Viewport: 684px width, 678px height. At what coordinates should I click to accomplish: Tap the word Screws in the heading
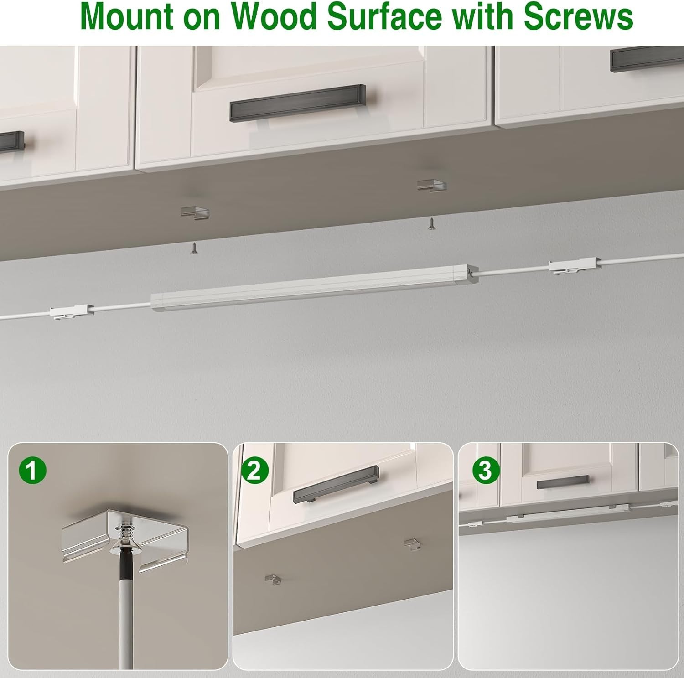click(578, 17)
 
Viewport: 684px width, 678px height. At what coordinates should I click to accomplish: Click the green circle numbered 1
click(32, 470)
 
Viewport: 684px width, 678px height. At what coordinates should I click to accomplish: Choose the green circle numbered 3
click(485, 470)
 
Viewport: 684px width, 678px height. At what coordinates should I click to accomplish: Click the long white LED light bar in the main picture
click(310, 288)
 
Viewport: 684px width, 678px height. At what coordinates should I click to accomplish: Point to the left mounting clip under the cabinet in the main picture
click(195, 211)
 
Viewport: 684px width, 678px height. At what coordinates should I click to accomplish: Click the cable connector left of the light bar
click(71, 312)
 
